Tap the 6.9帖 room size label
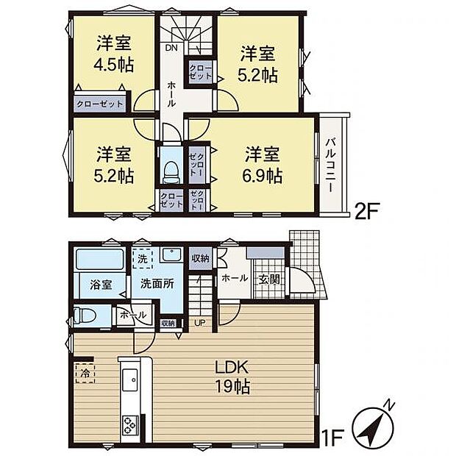[x=263, y=177]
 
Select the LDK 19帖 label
[x=232, y=377]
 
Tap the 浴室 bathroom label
[x=101, y=286]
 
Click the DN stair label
[x=171, y=49]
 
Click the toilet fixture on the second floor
[x=171, y=171]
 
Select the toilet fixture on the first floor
[x=83, y=316]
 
